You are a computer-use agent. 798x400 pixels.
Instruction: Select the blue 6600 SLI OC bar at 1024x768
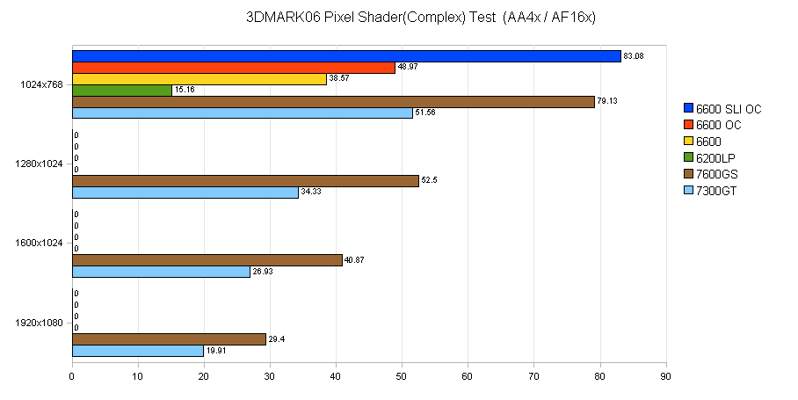click(346, 56)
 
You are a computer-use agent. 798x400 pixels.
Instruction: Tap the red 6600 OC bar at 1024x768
click(234, 68)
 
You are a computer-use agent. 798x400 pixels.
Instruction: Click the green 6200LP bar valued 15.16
click(122, 91)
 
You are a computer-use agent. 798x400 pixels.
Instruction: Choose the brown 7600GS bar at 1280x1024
click(245, 181)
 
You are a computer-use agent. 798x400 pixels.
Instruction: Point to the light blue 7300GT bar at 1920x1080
click(138, 351)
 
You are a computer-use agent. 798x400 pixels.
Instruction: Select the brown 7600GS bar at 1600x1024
click(207, 260)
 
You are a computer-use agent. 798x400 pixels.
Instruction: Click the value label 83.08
click(633, 56)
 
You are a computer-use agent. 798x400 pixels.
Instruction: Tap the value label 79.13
click(607, 102)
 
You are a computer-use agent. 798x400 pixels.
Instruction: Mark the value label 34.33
click(311, 193)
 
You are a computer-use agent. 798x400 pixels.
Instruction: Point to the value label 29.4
click(276, 339)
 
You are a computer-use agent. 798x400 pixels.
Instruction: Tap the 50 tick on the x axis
click(402, 375)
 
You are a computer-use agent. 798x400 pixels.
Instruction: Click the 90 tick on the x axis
click(666, 375)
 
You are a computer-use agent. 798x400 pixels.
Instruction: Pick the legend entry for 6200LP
click(715, 157)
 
